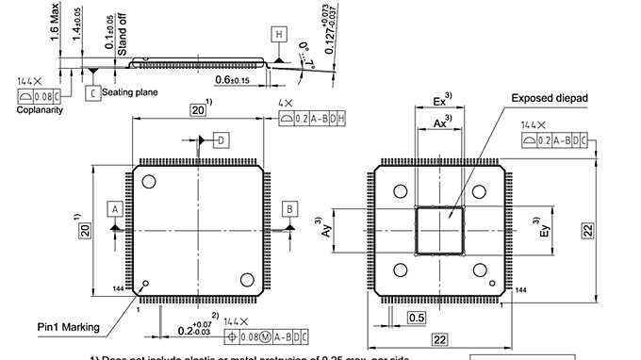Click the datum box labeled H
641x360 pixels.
(x=278, y=34)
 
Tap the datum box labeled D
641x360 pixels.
(x=222, y=140)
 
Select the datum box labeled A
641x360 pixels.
(x=114, y=207)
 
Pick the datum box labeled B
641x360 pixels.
(x=289, y=207)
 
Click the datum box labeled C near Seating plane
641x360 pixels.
(x=92, y=92)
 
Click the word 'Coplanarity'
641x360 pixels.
(x=39, y=110)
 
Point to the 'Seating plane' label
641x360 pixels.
(x=129, y=92)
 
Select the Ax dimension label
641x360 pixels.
(x=439, y=123)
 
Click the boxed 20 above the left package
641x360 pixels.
(x=198, y=110)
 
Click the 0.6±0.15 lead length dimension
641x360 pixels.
(x=232, y=80)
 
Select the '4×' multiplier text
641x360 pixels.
(x=286, y=102)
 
